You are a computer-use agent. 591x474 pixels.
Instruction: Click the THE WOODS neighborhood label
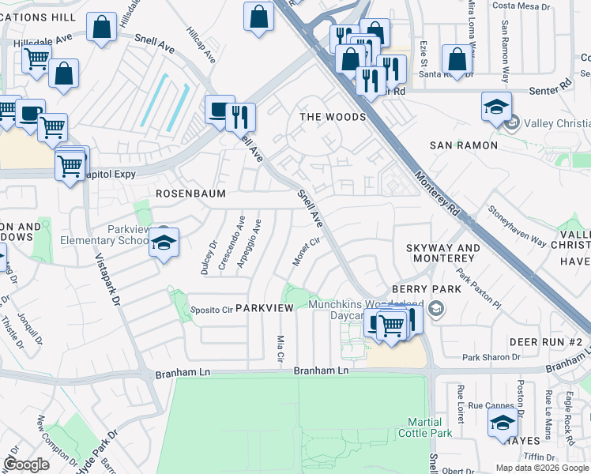point(333,117)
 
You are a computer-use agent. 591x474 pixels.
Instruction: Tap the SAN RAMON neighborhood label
point(463,145)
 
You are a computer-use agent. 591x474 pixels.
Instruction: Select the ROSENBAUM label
point(190,194)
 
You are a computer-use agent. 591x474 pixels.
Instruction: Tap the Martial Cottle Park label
point(430,427)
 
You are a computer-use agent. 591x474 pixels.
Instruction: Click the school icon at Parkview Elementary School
point(164,242)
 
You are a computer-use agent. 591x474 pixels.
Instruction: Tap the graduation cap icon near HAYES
point(503,423)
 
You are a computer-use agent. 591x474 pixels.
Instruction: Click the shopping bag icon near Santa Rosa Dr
point(457,58)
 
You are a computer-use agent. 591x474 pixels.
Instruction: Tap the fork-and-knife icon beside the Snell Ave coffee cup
point(240,117)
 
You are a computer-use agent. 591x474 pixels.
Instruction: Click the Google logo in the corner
point(26,464)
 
